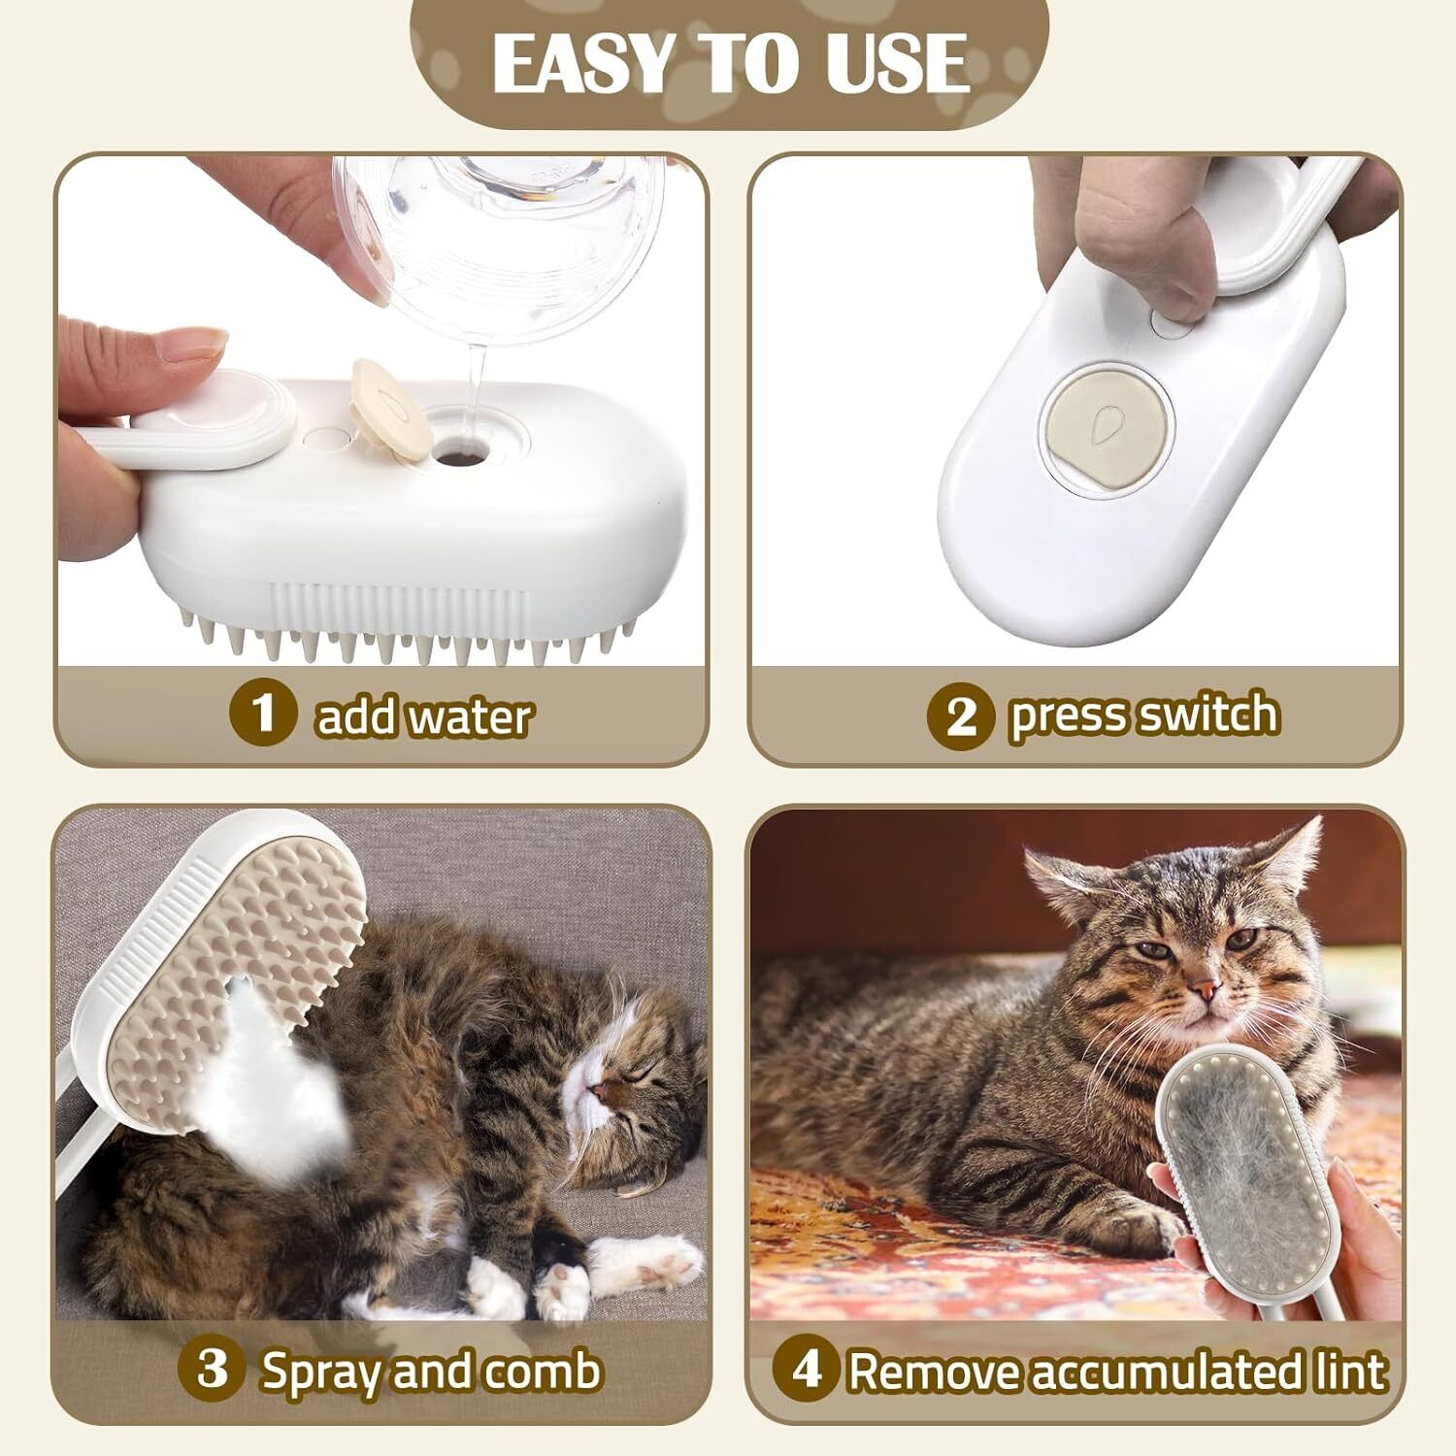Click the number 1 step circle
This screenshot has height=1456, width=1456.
click(x=262, y=713)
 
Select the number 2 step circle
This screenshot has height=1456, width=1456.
click(x=960, y=716)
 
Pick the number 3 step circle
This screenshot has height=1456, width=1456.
click(x=212, y=1368)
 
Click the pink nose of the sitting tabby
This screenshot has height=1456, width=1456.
click(x=1206, y=991)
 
